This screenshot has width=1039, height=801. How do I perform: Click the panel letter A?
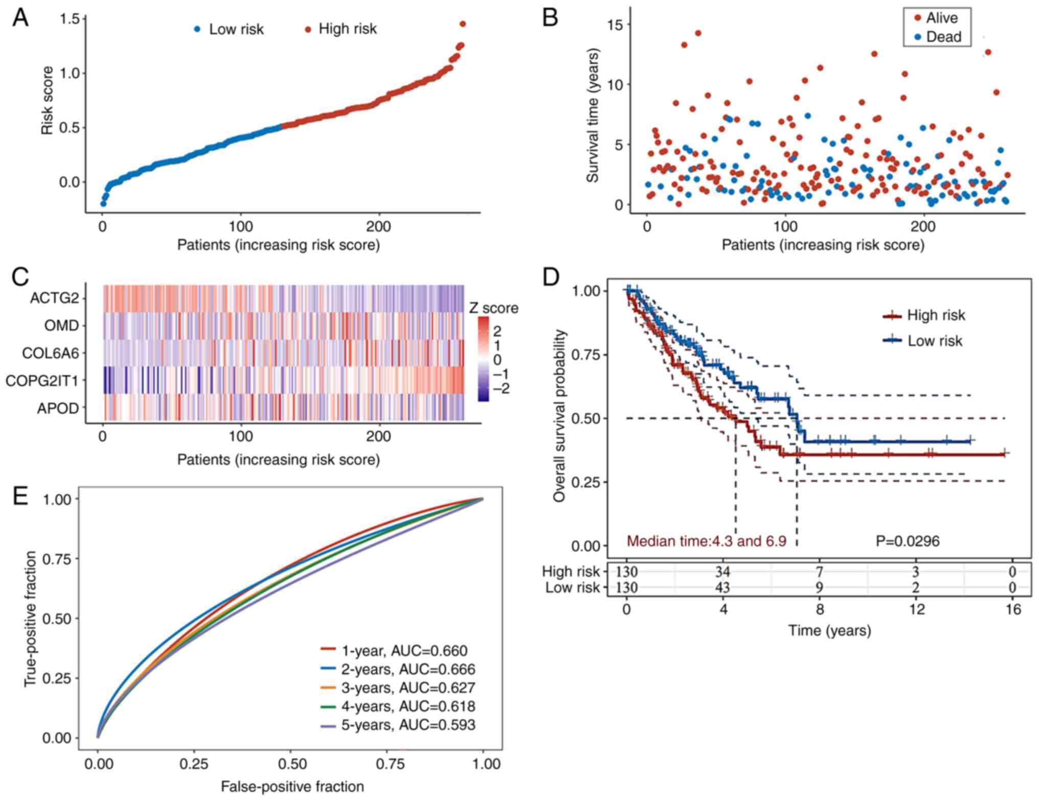(20, 18)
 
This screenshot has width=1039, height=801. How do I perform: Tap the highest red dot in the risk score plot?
(462, 24)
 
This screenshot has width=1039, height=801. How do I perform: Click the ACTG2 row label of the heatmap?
(55, 297)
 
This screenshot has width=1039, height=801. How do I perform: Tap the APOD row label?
(58, 408)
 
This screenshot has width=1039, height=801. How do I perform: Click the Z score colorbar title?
(493, 308)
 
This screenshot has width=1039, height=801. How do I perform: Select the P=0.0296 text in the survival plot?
(907, 541)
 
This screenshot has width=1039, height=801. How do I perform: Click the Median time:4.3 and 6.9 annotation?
(706, 541)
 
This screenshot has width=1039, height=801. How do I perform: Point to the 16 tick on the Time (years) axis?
(1013, 609)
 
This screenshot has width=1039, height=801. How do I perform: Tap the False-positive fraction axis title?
(292, 786)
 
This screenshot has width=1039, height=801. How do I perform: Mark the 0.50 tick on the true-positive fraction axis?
(58, 619)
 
